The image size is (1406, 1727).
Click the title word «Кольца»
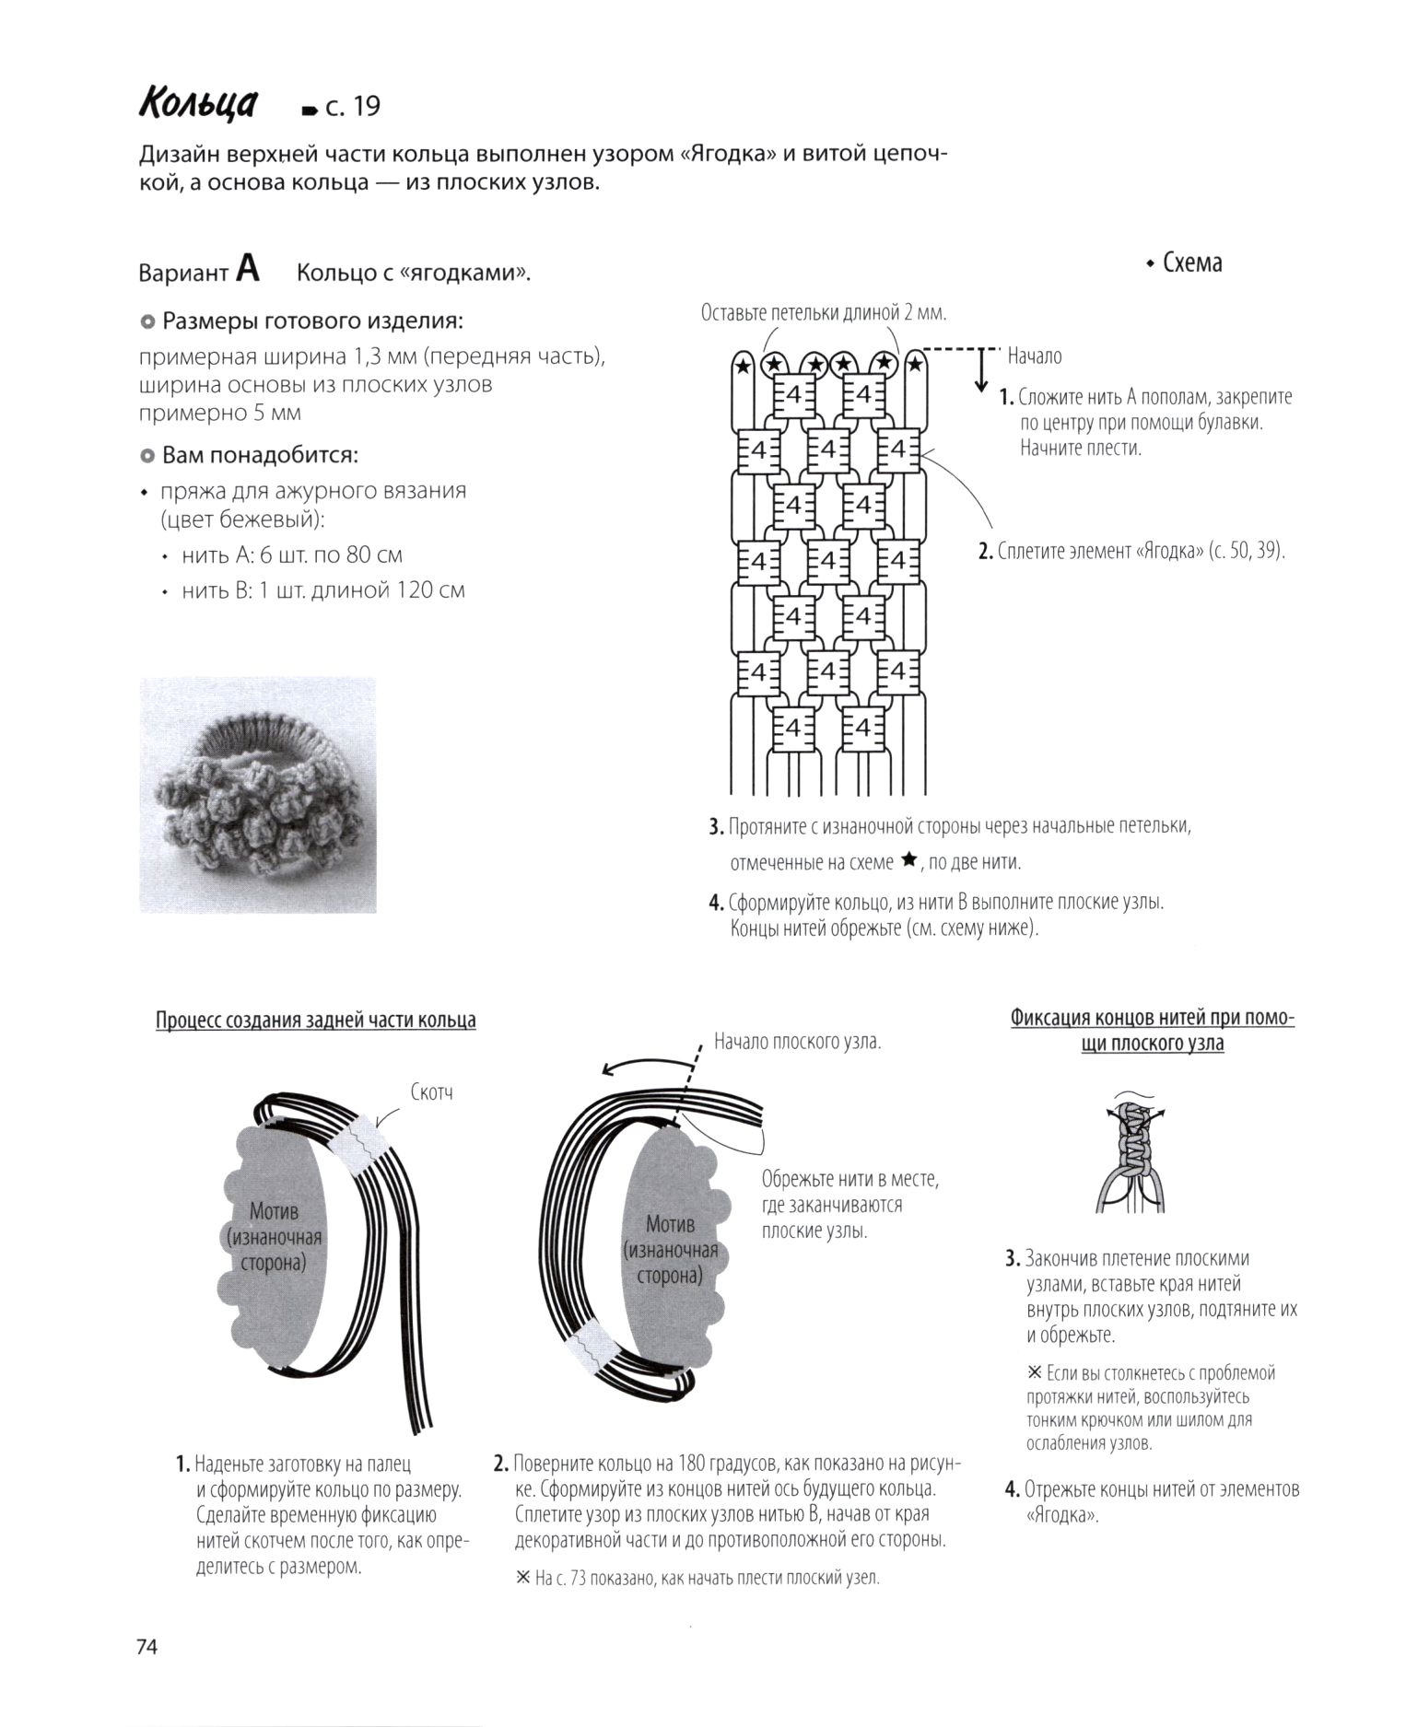(198, 104)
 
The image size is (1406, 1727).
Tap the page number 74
(147, 1647)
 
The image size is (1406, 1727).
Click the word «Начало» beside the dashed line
(1034, 356)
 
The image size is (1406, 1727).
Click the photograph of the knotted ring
(258, 795)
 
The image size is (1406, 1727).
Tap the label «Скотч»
(431, 1092)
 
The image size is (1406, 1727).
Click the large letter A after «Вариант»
(248, 269)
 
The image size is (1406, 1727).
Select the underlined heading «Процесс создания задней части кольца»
(316, 1020)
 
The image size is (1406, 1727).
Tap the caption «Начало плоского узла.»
(797, 1042)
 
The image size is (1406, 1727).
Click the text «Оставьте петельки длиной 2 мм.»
(824, 313)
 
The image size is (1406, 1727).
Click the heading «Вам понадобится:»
(259, 455)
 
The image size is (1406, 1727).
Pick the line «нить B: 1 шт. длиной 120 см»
(322, 589)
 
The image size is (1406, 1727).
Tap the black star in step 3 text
(908, 860)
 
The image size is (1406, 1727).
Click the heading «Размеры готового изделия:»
(311, 321)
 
